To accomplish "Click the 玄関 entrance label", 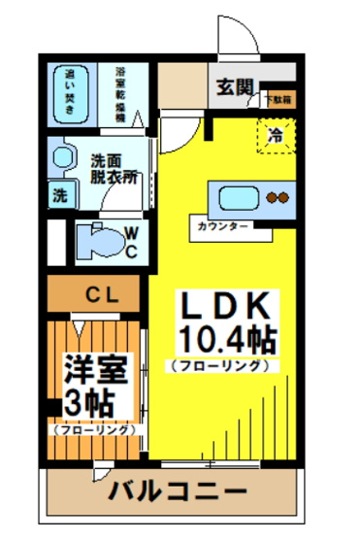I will [x=233, y=84].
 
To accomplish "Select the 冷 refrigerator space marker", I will [x=275, y=135].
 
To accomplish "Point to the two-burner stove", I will [x=278, y=197].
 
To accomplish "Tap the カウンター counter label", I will [x=221, y=225].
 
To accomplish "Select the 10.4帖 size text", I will [x=224, y=339].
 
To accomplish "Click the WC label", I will [x=130, y=242].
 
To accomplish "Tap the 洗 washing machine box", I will [x=60, y=193].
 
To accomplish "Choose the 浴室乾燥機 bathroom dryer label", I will [x=121, y=93].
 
